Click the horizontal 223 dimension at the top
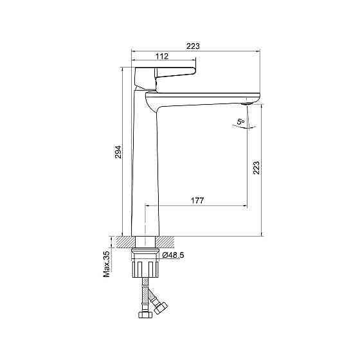click(193, 46)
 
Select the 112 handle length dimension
click(162, 57)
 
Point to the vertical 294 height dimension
click(118, 152)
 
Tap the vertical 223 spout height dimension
click(256, 168)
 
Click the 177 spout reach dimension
click(197, 201)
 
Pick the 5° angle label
click(241, 122)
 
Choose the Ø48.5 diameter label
click(173, 255)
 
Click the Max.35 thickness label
click(107, 264)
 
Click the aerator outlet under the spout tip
click(246, 104)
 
